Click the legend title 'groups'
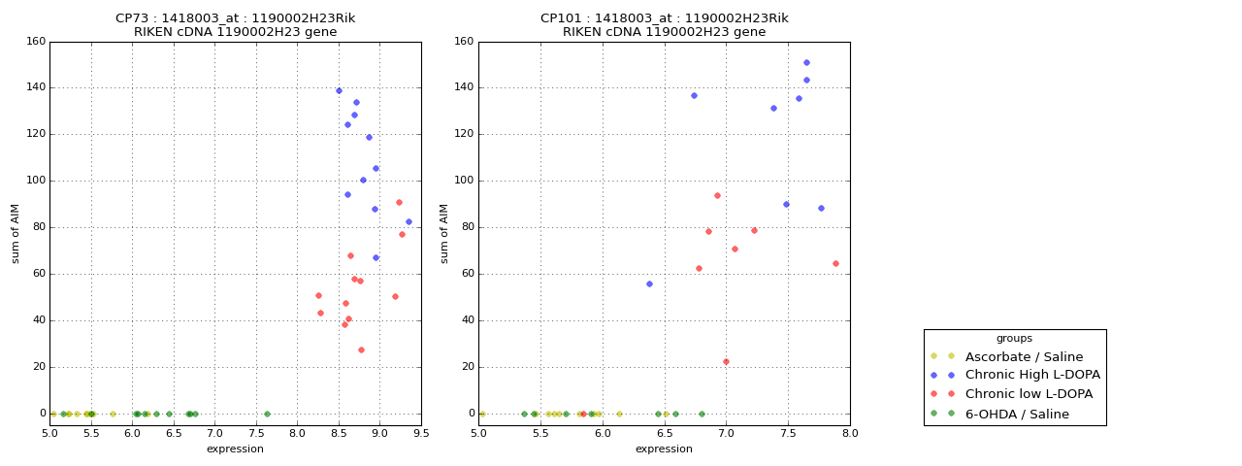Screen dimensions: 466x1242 tap(1014, 338)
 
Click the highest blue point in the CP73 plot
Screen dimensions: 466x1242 tap(339, 91)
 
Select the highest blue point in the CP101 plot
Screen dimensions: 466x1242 tap(806, 63)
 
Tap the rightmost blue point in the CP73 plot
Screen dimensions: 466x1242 tap(409, 221)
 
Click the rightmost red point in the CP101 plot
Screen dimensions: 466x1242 tap(835, 263)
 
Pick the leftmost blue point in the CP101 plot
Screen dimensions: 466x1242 tap(649, 283)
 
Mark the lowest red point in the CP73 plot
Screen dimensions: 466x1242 tap(361, 349)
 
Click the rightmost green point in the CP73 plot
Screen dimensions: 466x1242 tap(267, 414)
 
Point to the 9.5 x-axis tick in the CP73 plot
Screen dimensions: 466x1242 tap(421, 434)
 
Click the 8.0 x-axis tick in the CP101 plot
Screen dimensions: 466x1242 tap(850, 434)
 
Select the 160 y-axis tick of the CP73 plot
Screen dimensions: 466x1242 tap(36, 42)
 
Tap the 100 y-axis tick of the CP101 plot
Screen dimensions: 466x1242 tap(465, 181)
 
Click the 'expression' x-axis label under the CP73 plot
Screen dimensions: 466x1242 tap(235, 449)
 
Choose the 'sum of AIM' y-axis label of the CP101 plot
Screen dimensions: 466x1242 tap(444, 233)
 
